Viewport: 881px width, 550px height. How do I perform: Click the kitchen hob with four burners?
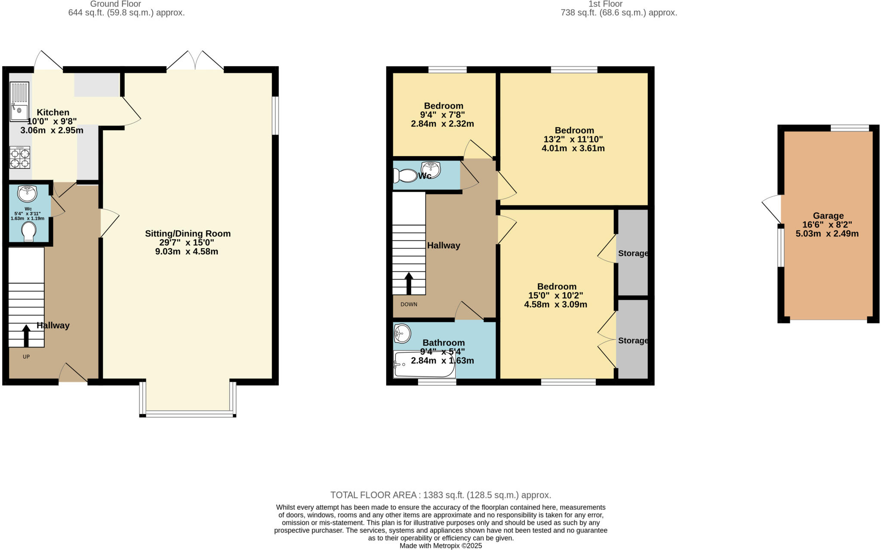tap(20, 157)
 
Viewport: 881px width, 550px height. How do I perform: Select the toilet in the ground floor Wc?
tap(29, 231)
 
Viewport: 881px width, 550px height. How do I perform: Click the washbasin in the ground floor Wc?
tap(27, 194)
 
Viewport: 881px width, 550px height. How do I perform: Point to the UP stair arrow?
tap(26, 335)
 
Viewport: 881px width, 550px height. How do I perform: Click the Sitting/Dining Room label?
tap(188, 234)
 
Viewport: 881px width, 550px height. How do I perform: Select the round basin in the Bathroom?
tap(402, 333)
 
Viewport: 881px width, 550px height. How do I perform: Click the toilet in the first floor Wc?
tap(405, 176)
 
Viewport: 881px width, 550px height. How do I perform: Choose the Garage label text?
tap(828, 216)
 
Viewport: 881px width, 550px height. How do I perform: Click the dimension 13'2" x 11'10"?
tap(573, 139)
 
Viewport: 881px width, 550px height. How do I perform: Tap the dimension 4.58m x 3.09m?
tap(555, 304)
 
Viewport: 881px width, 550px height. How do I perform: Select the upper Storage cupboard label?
tap(633, 253)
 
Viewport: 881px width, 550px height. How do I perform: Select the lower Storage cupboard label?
tap(633, 341)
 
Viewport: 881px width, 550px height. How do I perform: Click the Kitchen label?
tap(53, 112)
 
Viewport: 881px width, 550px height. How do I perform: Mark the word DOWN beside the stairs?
tap(409, 304)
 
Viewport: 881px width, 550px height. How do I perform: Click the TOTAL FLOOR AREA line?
tap(440, 495)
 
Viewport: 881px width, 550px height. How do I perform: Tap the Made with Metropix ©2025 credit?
tap(440, 546)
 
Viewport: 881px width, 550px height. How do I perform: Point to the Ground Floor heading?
tap(115, 4)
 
